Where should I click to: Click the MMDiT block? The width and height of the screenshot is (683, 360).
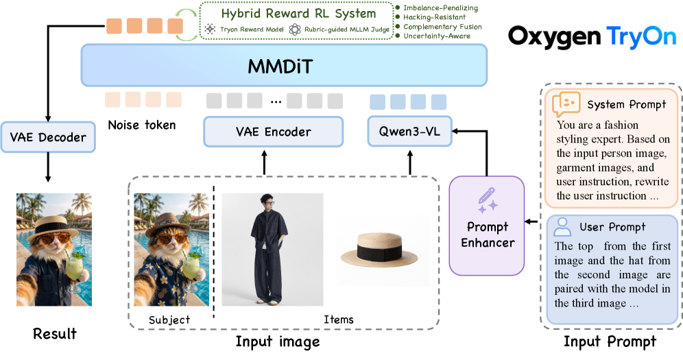[x=284, y=65]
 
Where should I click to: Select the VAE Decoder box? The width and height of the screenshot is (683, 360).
[x=48, y=137]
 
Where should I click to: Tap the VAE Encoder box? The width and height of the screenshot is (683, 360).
[x=274, y=132]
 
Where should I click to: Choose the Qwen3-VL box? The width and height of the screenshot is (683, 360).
[x=409, y=131]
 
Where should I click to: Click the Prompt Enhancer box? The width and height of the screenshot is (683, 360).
[x=487, y=226]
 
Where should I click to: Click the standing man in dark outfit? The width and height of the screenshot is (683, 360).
[x=269, y=249]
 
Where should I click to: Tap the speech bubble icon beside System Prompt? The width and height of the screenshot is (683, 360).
[x=566, y=104]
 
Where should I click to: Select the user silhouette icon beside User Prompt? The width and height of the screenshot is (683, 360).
[x=562, y=227]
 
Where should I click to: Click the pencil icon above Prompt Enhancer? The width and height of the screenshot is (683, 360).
[x=488, y=200]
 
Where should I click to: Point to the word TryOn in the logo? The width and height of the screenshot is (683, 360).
[x=641, y=37]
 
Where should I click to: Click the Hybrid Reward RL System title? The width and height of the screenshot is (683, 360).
[x=298, y=14]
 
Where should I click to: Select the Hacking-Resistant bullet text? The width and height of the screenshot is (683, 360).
[x=434, y=17]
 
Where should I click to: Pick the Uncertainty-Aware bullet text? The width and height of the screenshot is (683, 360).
[x=437, y=36]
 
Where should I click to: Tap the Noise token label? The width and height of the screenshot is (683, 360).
[x=142, y=125]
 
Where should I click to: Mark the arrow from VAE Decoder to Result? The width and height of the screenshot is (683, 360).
[x=48, y=167]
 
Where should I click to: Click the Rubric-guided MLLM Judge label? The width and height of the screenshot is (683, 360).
[x=347, y=29]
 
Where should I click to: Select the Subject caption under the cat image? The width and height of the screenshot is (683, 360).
[x=169, y=320]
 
